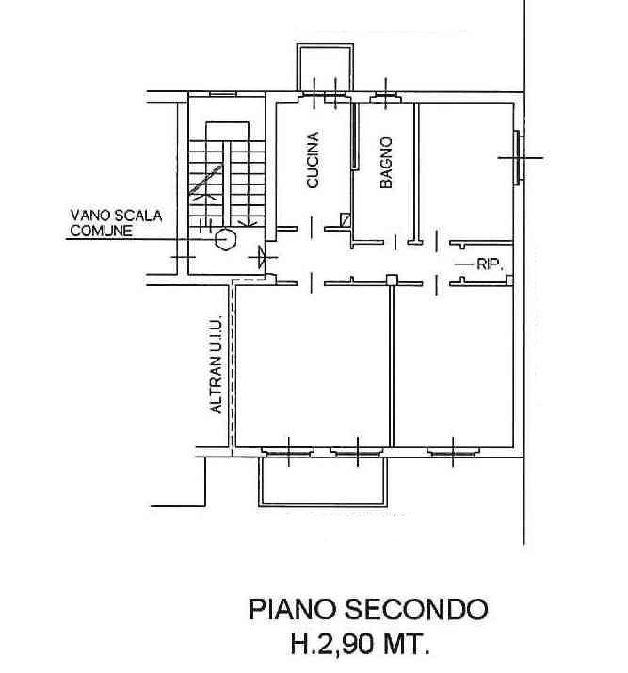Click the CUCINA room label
(x=314, y=162)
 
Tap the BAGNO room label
(x=386, y=164)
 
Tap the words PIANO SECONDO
(x=368, y=609)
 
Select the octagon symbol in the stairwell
(x=225, y=238)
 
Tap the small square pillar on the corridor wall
(x=391, y=279)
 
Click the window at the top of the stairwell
(x=222, y=93)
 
